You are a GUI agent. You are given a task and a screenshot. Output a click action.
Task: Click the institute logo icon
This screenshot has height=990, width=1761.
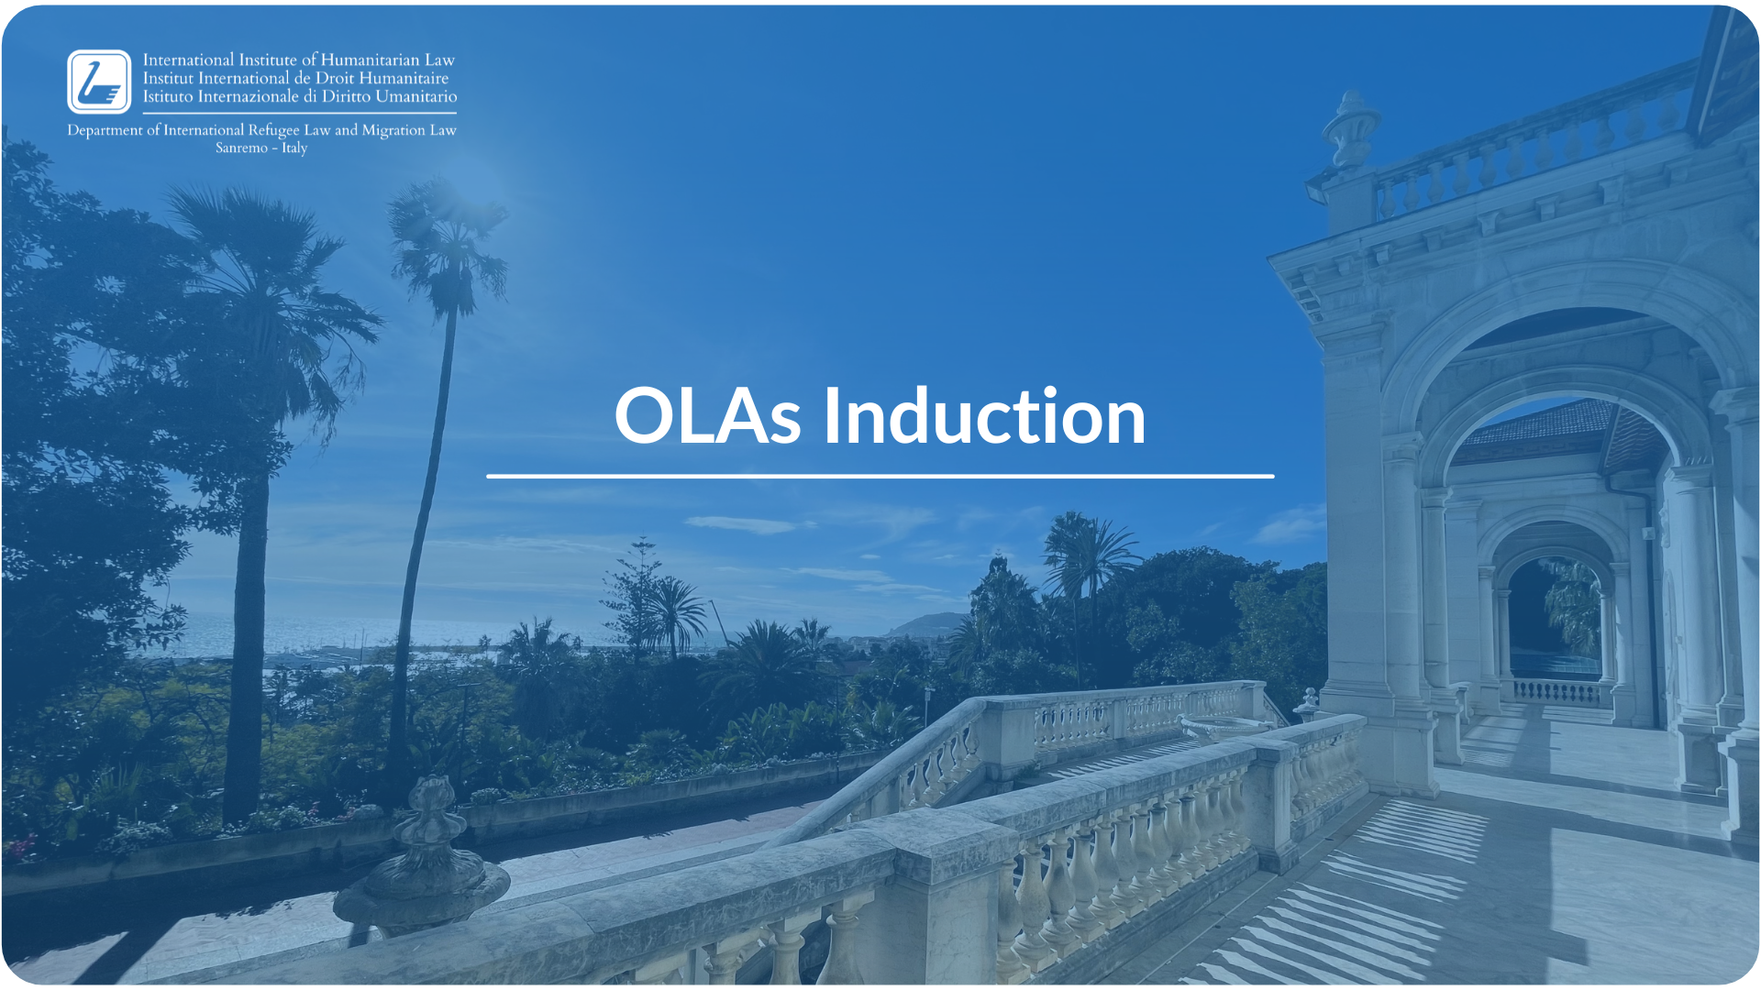tap(99, 82)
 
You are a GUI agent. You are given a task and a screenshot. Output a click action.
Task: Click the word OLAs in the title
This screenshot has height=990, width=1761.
tap(707, 416)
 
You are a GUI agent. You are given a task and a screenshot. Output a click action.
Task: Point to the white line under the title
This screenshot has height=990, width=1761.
tap(880, 476)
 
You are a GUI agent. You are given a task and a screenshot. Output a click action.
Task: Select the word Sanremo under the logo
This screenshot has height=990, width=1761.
tap(241, 148)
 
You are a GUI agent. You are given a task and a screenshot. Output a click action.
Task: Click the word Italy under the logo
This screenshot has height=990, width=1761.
tap(294, 148)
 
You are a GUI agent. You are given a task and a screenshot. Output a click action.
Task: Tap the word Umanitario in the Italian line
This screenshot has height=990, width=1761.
tap(415, 96)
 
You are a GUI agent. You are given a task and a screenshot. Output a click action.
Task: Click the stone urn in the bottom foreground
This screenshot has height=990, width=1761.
tap(423, 857)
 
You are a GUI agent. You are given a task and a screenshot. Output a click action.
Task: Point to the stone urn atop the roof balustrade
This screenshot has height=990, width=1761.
tap(1350, 127)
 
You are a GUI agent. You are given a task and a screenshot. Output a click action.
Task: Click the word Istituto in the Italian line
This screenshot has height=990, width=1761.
tap(168, 96)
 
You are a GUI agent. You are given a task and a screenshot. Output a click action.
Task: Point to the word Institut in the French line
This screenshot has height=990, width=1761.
tap(168, 78)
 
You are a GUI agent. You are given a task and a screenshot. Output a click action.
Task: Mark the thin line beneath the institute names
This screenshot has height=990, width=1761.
tap(300, 113)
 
